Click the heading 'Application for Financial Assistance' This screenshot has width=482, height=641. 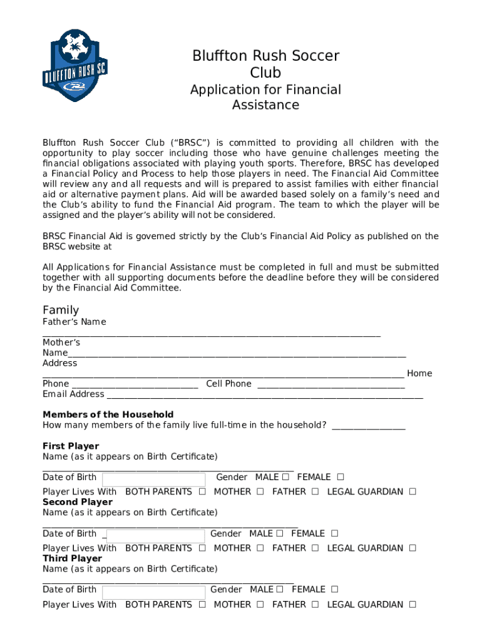(x=265, y=97)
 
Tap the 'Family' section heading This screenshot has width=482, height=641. (x=61, y=310)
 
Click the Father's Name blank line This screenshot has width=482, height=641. (x=212, y=336)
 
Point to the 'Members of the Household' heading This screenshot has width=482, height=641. (x=108, y=414)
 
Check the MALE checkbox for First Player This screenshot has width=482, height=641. (x=285, y=477)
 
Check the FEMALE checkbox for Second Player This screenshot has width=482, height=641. (x=334, y=533)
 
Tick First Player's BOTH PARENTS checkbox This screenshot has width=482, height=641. (x=202, y=491)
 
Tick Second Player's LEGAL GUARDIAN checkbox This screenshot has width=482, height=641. (x=413, y=548)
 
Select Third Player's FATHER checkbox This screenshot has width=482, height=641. (x=315, y=604)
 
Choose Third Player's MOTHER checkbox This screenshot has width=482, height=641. (x=259, y=604)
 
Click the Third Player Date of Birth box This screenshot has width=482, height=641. (x=153, y=592)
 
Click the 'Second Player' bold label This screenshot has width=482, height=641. (x=78, y=502)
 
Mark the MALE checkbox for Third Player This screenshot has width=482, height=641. (x=279, y=589)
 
